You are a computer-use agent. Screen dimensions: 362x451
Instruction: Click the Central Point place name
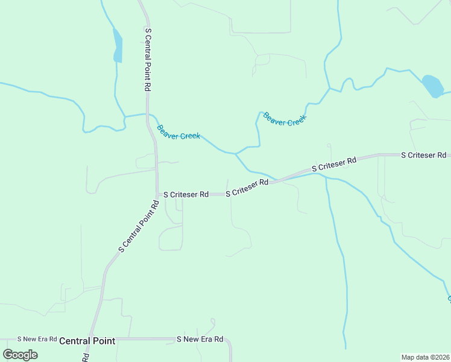(x=87, y=341)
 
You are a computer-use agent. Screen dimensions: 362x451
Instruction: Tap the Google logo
(x=20, y=354)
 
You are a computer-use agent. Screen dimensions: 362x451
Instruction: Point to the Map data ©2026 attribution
(x=424, y=357)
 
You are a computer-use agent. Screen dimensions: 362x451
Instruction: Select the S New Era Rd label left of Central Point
(x=37, y=340)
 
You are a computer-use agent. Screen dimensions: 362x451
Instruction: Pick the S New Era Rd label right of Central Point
(x=200, y=339)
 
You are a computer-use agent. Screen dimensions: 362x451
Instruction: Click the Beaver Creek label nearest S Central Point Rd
(x=178, y=132)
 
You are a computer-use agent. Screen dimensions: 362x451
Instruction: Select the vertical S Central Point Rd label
(x=148, y=59)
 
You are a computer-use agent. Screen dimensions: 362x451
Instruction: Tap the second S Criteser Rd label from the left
(x=247, y=188)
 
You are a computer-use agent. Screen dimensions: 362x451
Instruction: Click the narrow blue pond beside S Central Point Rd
(x=118, y=46)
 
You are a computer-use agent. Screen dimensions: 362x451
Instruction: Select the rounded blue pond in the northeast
(x=432, y=86)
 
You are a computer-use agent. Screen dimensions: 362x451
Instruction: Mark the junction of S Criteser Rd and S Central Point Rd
(x=157, y=194)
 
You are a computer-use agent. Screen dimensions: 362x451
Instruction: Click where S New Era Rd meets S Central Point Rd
(x=92, y=340)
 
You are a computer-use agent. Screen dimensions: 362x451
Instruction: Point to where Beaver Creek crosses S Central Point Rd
(x=148, y=114)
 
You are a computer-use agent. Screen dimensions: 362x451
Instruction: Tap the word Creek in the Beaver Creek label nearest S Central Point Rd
(x=189, y=136)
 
